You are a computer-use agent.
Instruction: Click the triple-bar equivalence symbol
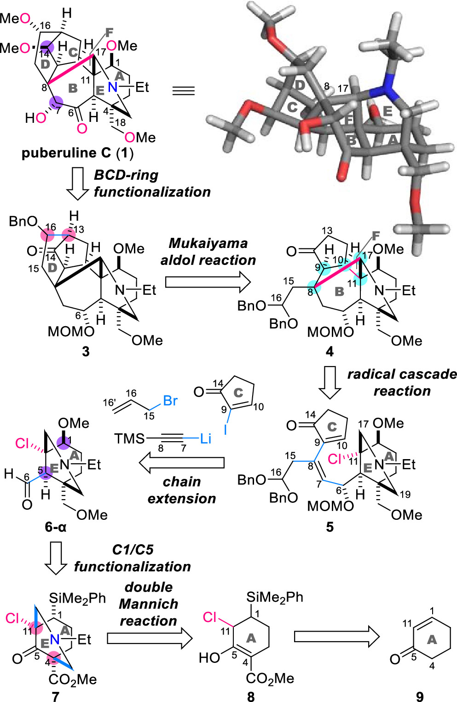183,90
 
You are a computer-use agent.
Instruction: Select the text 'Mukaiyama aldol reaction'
208,252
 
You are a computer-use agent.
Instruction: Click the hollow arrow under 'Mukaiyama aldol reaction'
208,282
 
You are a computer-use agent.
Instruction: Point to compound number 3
86,351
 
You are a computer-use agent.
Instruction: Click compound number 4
330,351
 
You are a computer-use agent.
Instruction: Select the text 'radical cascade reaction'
402,382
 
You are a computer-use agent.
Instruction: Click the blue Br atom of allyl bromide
170,401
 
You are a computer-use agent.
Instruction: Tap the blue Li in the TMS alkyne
205,438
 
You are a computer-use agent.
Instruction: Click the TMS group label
130,438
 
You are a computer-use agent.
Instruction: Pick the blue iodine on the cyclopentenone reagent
226,429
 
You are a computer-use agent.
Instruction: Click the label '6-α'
56,527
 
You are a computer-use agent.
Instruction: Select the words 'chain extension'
182,490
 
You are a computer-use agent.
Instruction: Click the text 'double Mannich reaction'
148,604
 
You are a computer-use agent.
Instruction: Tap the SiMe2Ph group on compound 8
275,597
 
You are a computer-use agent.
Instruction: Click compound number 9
420,696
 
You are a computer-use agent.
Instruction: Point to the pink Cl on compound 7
12,618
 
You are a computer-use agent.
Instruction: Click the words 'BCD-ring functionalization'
152,184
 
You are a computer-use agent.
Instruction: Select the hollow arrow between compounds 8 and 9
336,637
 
